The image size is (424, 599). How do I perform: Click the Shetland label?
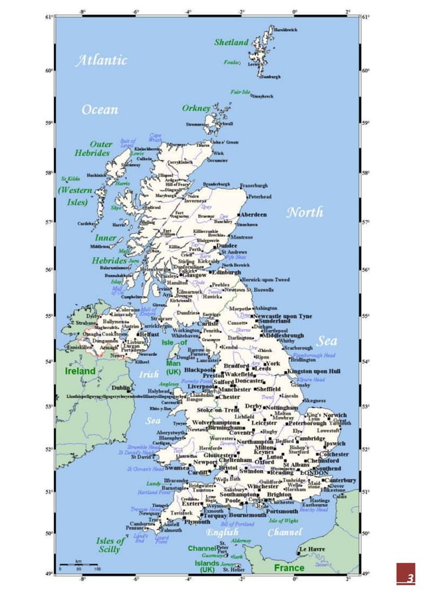231,42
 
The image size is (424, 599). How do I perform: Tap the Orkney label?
196,108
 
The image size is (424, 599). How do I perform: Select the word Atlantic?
101,60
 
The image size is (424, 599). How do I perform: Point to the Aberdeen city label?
253,215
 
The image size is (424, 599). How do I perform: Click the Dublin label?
121,388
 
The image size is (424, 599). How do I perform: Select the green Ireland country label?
80,372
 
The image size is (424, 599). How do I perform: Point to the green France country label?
289,568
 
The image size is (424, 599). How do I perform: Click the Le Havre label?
311,550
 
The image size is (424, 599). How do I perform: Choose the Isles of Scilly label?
110,545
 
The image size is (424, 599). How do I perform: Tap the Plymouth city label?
197,522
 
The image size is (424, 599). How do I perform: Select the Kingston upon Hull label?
314,371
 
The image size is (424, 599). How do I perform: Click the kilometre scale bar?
78,564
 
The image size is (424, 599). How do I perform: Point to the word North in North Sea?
304,213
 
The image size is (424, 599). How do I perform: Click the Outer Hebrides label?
92,149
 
